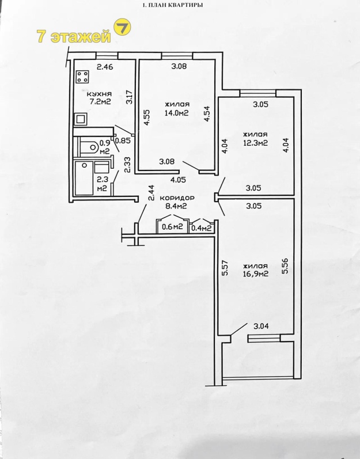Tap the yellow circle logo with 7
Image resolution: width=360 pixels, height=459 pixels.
pyautogui.click(x=123, y=28)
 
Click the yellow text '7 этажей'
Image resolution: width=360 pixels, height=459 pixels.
pyautogui.click(x=73, y=36)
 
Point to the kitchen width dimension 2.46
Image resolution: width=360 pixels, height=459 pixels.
pyautogui.click(x=105, y=68)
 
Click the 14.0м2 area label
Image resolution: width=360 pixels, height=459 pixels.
pyautogui.click(x=177, y=113)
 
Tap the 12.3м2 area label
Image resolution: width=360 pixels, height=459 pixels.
pyautogui.click(x=255, y=143)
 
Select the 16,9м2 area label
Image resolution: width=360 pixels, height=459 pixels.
pyautogui.click(x=255, y=274)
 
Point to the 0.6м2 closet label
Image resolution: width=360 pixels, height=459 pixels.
pyautogui.click(x=172, y=227)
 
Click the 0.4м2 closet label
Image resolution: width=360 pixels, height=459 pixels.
pyautogui.click(x=202, y=227)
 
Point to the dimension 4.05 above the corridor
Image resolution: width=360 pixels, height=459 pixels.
pyautogui.click(x=177, y=180)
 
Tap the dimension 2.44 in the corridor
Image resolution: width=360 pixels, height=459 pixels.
pyautogui.click(x=151, y=192)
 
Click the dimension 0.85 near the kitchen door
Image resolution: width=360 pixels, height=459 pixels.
pyautogui.click(x=122, y=140)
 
